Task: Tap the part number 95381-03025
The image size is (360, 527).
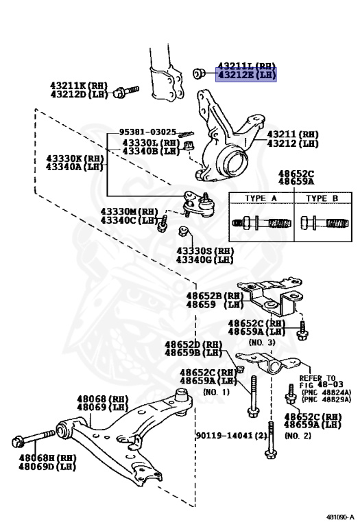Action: click(147, 131)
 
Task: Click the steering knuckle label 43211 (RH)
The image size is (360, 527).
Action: click(293, 134)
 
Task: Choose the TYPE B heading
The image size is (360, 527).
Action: click(322, 198)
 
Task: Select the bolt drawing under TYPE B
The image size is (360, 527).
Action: click(322, 224)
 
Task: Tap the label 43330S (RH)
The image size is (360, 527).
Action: click(204, 251)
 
